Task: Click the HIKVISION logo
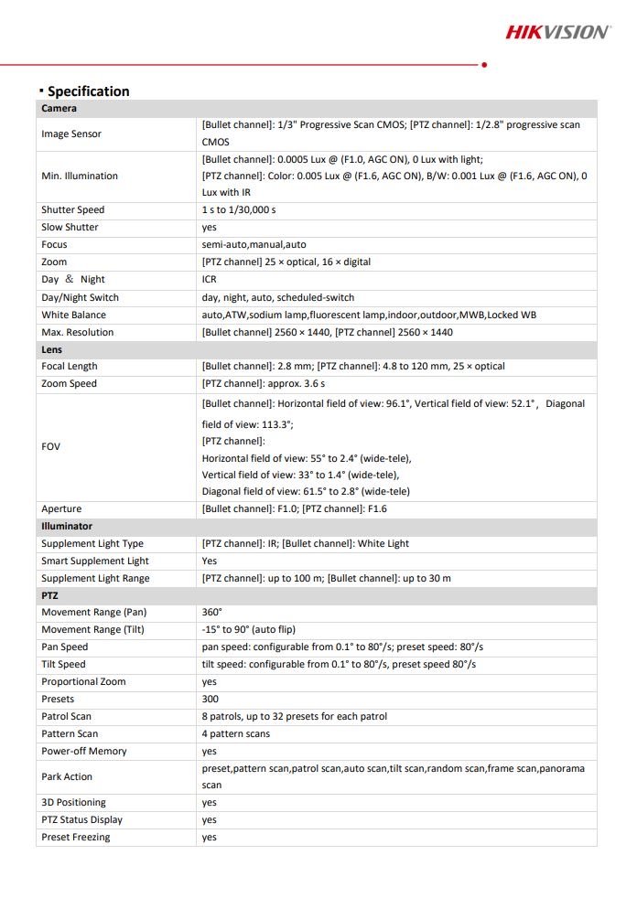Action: tap(557, 32)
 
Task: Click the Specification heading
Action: tap(88, 91)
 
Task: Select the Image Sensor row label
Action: tap(71, 134)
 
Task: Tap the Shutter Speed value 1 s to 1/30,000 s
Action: tap(239, 210)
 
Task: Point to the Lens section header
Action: tap(51, 349)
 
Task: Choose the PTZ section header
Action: tap(49, 595)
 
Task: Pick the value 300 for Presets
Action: tap(211, 700)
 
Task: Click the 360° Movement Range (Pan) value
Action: tap(212, 613)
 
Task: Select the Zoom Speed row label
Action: tap(69, 384)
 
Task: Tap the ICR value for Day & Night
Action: tap(210, 280)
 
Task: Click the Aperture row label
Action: tap(61, 509)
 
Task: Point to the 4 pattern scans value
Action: tap(236, 734)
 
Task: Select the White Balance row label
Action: tap(73, 315)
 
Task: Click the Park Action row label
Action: tap(67, 777)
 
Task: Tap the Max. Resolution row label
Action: tap(76, 333)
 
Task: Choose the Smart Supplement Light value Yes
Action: tap(210, 561)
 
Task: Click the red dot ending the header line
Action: tap(483, 65)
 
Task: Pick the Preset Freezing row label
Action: tap(75, 838)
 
